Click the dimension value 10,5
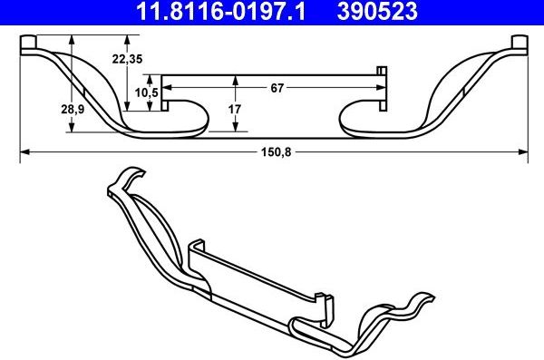click(x=147, y=92)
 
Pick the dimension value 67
click(x=277, y=88)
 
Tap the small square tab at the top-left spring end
click(x=27, y=44)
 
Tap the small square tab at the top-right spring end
click(x=520, y=44)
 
